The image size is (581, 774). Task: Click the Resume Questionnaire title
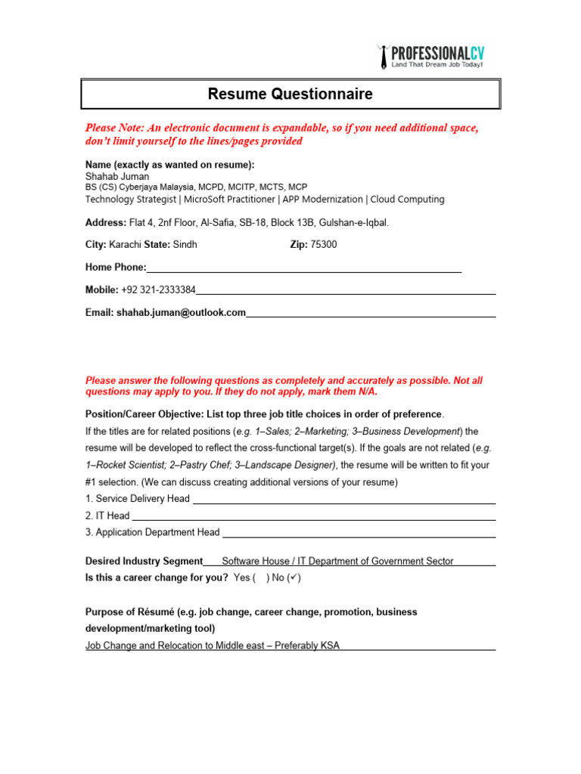290,94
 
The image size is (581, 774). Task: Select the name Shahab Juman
117,176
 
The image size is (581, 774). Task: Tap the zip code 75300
324,245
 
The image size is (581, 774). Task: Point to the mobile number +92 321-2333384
158,289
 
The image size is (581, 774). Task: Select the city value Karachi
125,245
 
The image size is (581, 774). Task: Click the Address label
105,222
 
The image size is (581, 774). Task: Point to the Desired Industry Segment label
144,561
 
